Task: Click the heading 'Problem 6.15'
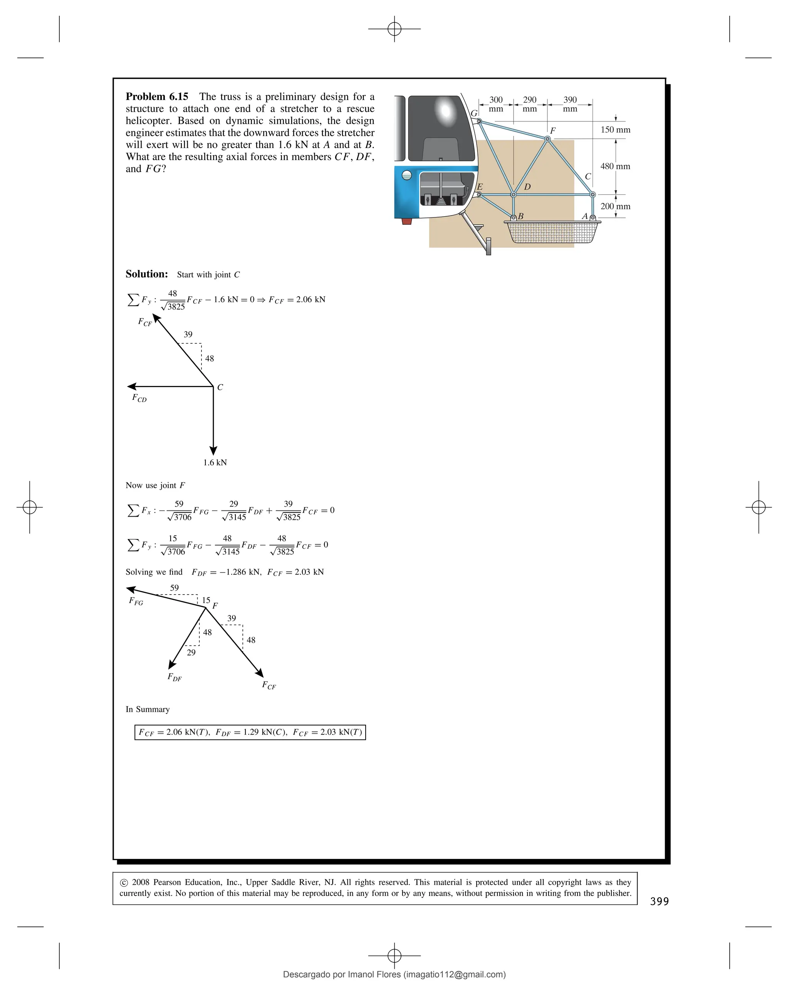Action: pos(157,97)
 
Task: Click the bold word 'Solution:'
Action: pos(147,274)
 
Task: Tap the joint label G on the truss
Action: pos(474,113)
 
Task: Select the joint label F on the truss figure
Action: pos(552,130)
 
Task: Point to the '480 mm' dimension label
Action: pos(615,166)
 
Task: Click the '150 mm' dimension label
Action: pos(615,130)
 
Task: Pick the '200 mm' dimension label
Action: pos(615,207)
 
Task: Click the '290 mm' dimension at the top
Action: pos(530,104)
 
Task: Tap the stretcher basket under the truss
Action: pos(552,232)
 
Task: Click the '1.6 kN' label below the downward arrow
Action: pos(215,462)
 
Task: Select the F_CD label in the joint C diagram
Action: pos(139,398)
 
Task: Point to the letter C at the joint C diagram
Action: pos(220,387)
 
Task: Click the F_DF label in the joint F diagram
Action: pos(174,677)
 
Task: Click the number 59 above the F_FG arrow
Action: pos(174,588)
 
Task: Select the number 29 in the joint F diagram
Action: pos(191,652)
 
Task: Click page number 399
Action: pos(659,901)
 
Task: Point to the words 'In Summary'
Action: pos(148,709)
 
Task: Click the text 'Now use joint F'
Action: pos(155,485)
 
